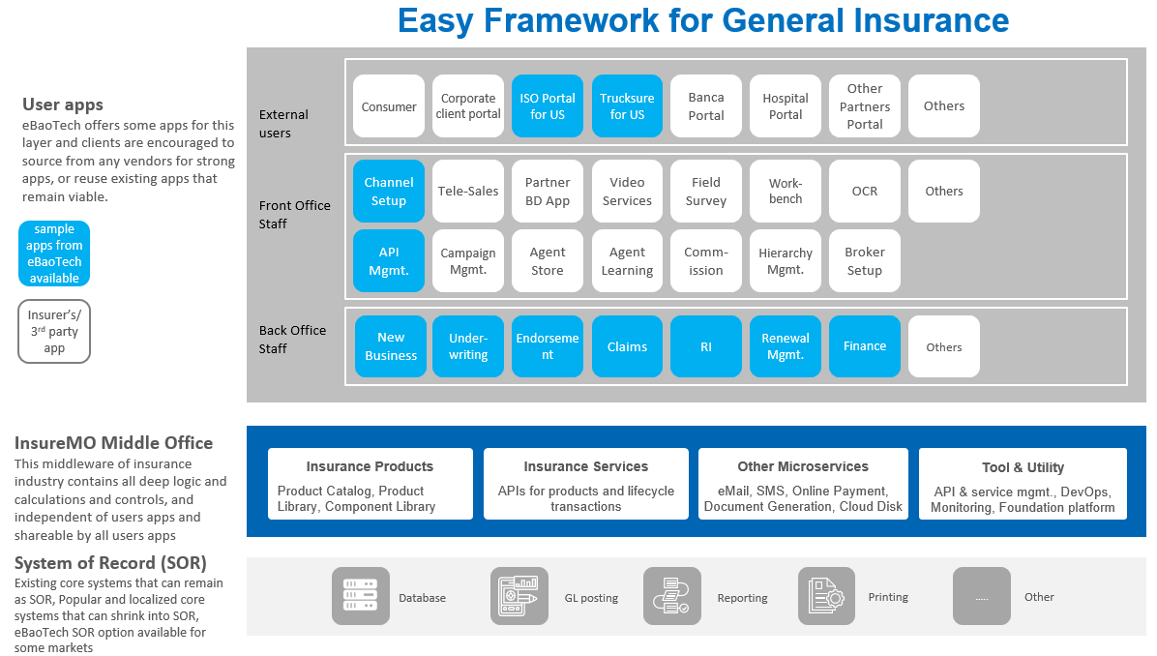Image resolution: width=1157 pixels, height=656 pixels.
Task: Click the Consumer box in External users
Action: [389, 106]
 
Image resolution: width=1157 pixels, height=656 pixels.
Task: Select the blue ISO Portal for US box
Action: [548, 106]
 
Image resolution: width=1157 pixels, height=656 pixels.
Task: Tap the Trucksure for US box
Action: [627, 106]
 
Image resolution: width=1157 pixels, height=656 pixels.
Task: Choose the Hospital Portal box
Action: [786, 106]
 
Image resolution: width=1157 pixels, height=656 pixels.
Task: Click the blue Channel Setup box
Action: [389, 192]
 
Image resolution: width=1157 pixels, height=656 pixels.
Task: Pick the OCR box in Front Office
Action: [865, 192]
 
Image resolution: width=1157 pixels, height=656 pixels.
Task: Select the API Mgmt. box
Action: [389, 261]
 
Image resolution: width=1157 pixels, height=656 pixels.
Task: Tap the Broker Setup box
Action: [865, 261]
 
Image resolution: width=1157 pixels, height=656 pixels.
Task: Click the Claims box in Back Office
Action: [627, 346]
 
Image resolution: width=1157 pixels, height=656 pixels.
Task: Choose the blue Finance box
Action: [865, 346]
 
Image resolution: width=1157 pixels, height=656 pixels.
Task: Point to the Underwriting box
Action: [468, 346]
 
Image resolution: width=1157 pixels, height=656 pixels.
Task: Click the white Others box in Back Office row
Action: [944, 346]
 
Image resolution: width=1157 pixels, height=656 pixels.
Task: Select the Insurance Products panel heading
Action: [370, 466]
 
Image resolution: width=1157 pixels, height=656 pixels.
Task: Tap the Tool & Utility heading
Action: [1023, 467]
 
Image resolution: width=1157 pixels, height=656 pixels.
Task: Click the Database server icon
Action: [361, 596]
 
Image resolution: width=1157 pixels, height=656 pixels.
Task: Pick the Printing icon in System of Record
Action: [826, 596]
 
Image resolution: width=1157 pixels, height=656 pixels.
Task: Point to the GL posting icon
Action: [519, 596]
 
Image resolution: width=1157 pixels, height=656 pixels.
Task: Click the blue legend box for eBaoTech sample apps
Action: [54, 253]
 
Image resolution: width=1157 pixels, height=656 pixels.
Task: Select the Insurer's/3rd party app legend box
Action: [54, 331]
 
